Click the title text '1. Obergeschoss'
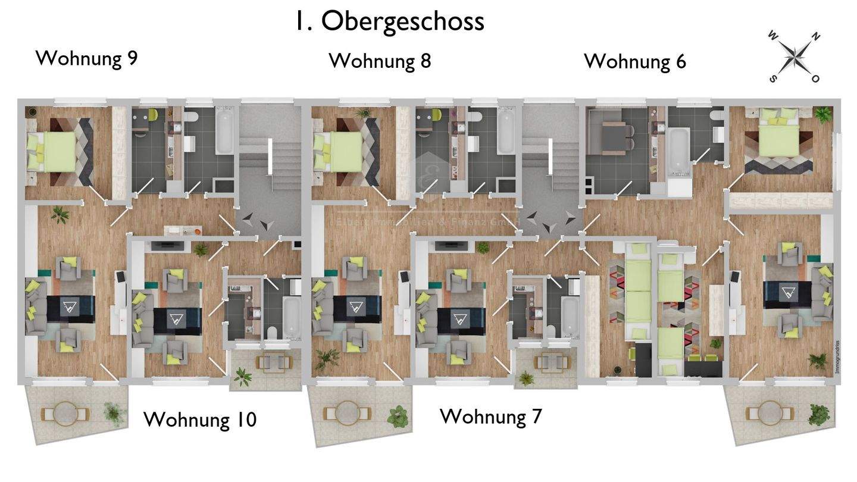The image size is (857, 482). point(389,21)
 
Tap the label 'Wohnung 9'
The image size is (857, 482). point(87,58)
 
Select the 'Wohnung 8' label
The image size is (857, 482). point(380,61)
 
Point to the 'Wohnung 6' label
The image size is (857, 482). point(635,61)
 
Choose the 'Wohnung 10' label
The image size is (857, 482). point(200,420)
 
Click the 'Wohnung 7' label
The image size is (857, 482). point(491,417)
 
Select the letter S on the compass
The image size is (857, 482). point(773,78)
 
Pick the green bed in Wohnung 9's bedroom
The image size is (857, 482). point(52,151)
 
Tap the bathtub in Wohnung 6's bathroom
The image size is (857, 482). point(678,147)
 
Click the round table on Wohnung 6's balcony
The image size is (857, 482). point(771,411)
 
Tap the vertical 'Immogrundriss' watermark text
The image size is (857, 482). point(836,357)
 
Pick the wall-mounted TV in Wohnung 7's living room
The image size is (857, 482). point(448,245)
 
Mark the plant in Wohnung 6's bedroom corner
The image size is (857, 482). point(823,114)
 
